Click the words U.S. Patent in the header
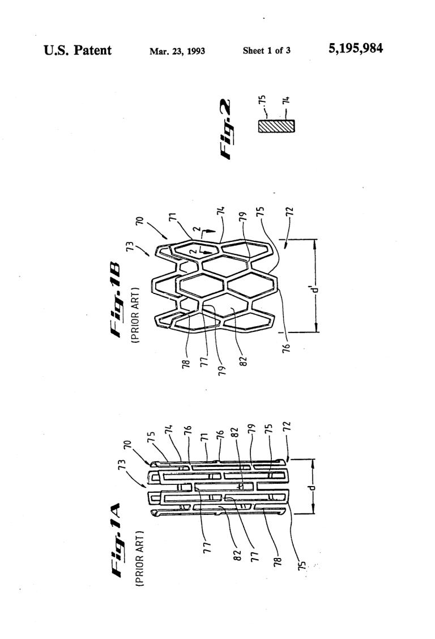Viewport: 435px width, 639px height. [77, 50]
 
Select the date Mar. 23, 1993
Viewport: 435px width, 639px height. [177, 52]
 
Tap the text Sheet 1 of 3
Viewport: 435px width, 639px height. [267, 50]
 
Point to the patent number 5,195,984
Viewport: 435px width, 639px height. [355, 49]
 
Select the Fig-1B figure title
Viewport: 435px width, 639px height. [116, 300]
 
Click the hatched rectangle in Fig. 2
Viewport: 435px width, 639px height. [276, 126]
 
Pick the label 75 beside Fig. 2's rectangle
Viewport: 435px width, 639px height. [263, 100]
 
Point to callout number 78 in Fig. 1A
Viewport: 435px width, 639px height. [278, 561]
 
